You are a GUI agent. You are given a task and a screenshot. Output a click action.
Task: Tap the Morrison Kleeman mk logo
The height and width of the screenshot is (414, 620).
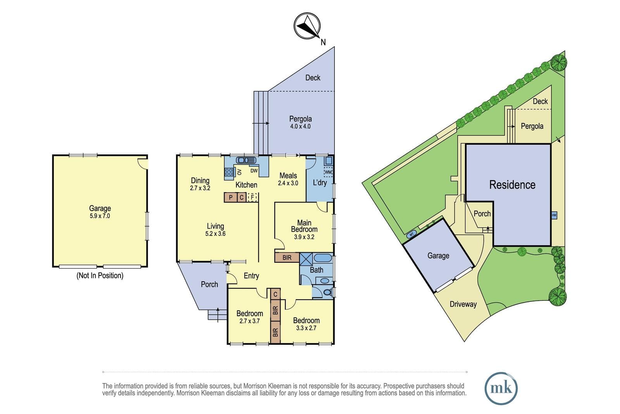501,388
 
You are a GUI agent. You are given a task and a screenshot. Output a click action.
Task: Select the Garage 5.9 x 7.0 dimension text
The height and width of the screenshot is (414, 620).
100,216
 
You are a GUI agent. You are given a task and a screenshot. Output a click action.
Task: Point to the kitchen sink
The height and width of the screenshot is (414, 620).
246,160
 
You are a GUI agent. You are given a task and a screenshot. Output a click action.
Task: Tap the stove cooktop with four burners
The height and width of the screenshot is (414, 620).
229,172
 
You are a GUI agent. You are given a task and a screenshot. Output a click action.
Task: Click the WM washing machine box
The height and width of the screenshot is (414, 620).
328,172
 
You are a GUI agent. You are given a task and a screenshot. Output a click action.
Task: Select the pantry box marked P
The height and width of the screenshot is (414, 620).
231,197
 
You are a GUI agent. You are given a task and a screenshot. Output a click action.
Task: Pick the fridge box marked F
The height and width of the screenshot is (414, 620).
252,197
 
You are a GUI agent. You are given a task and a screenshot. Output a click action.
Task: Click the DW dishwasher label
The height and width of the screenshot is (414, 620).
254,171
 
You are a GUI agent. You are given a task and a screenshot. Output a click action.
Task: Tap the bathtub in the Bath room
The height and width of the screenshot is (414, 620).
323,258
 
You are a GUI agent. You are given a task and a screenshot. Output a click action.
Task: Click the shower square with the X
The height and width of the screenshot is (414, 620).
306,259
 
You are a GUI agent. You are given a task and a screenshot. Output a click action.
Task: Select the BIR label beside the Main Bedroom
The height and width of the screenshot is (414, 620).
287,258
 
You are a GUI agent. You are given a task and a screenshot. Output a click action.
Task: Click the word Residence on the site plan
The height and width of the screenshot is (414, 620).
512,185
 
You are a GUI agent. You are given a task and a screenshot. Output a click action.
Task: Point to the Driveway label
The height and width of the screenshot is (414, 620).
463,304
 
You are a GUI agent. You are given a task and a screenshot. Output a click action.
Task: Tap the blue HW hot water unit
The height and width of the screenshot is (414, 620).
554,215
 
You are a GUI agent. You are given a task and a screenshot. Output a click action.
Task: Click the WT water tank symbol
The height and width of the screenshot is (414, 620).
412,234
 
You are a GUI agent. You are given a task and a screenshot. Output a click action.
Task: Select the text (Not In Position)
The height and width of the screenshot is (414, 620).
100,275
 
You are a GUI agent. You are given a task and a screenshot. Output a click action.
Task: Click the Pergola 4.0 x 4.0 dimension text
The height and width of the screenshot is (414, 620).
300,126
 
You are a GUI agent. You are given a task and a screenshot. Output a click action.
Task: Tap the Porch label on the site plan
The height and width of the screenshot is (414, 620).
482,214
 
